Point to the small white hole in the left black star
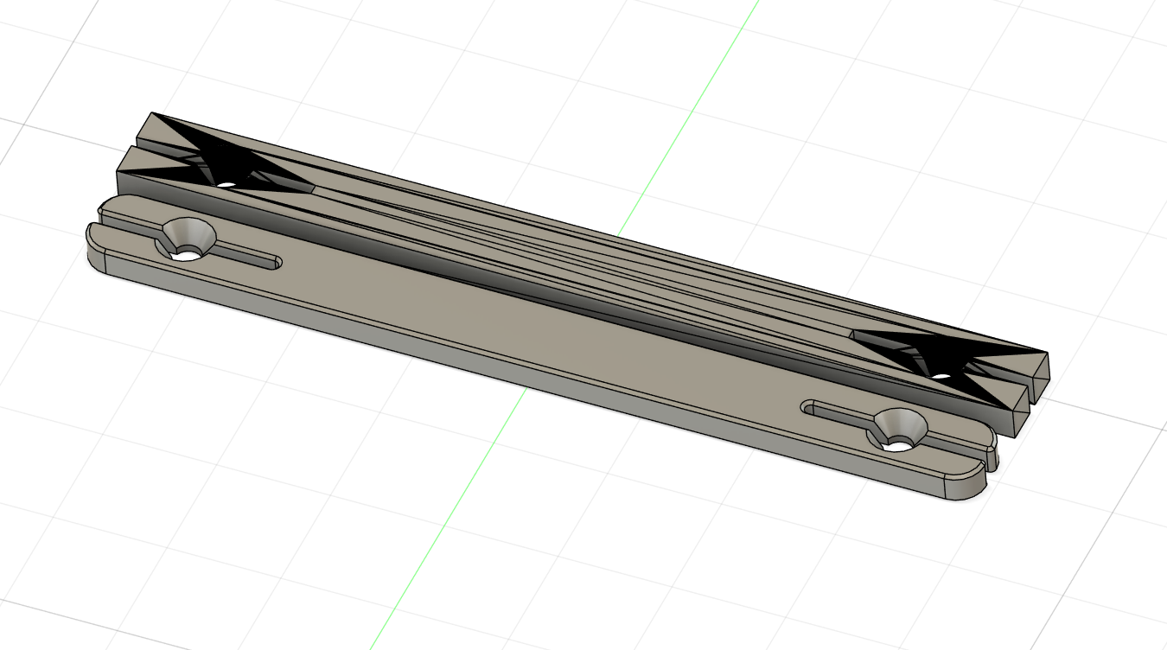226,184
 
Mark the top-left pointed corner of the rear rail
153,113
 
